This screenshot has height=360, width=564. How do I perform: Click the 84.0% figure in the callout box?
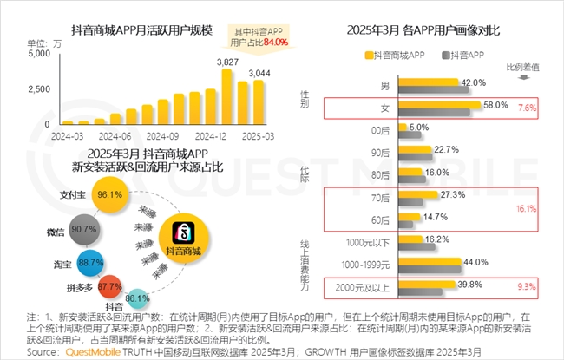tap(275, 41)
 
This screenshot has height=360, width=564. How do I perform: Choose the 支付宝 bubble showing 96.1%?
tap(108, 194)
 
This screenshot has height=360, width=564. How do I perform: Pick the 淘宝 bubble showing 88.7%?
tap(90, 260)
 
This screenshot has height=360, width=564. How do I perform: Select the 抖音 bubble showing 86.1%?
tap(137, 297)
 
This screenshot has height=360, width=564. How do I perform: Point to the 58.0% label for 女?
tap(495, 105)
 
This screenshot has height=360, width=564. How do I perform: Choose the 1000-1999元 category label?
tap(368, 262)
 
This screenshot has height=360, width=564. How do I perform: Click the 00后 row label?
tap(380, 128)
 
